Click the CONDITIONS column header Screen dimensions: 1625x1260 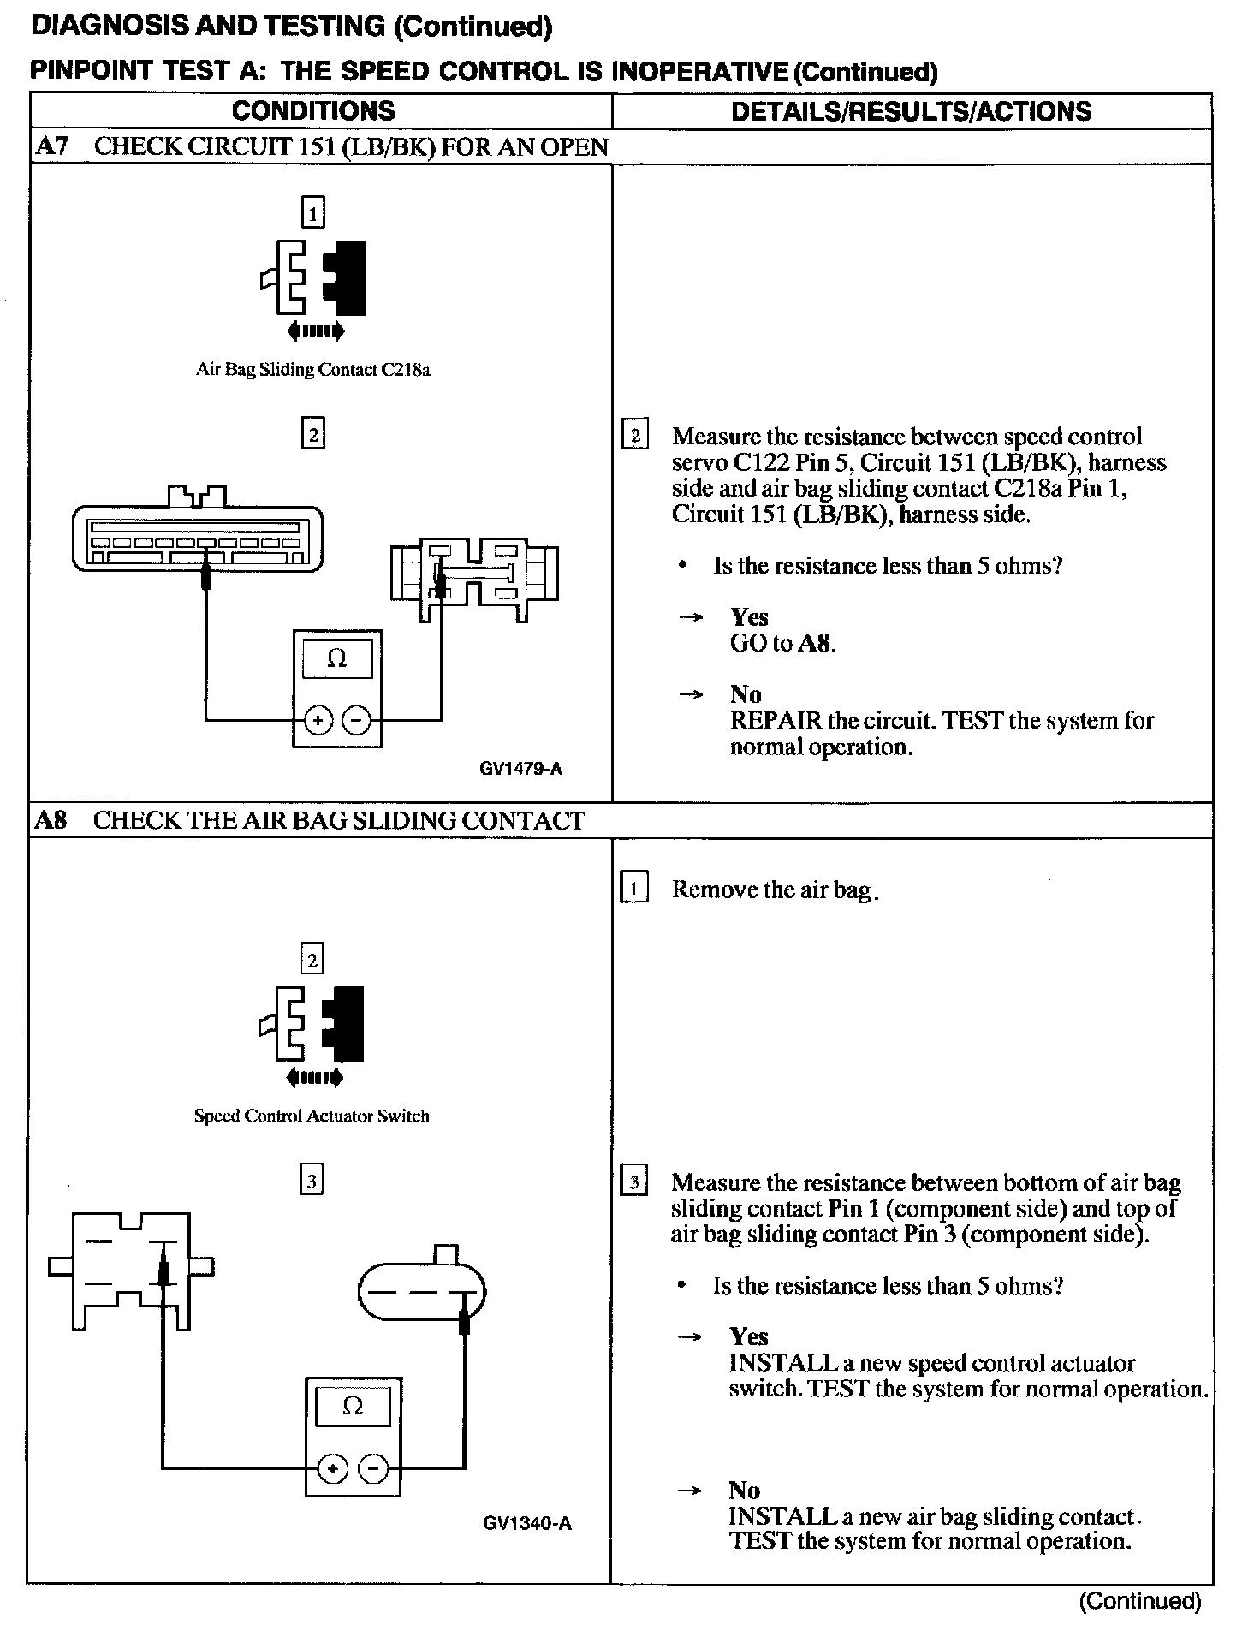coord(313,111)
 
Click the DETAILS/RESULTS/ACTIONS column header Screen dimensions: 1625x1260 coord(911,111)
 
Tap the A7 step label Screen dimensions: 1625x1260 coord(51,146)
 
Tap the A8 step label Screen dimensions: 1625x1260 coord(51,820)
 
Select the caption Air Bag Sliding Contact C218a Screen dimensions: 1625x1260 coord(312,370)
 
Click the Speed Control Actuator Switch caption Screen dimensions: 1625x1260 coord(312,1116)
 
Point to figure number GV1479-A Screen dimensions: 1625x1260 coord(520,769)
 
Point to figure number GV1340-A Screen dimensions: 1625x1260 coord(526,1523)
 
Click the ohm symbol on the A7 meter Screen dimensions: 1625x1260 coord(337,658)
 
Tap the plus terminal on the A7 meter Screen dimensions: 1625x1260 coord(318,721)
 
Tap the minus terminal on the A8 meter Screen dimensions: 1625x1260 coord(374,1468)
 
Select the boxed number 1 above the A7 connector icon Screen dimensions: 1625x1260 coord(313,212)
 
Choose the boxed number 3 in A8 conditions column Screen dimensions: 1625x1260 coord(312,1182)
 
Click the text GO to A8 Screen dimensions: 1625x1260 coord(782,644)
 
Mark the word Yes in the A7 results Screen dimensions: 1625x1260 coord(749,617)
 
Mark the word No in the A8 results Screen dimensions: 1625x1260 coord(744,1491)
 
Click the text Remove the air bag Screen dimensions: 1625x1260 coord(775,890)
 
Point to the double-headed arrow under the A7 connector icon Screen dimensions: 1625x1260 coord(316,330)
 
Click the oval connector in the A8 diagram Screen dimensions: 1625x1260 coord(421,1292)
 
